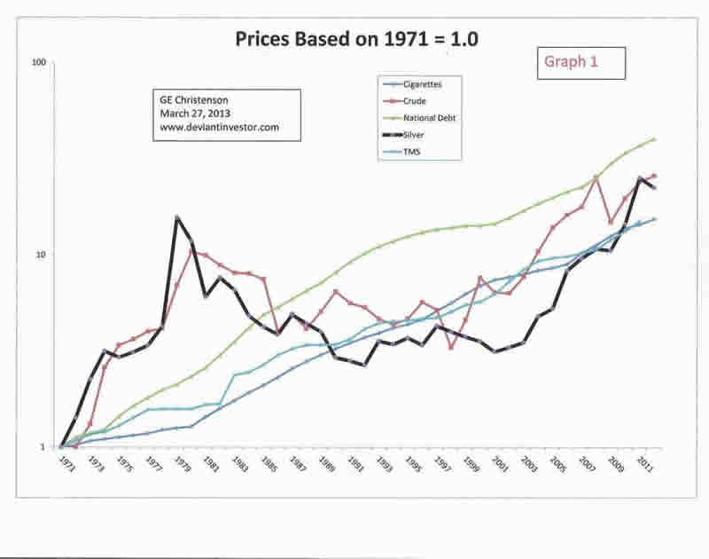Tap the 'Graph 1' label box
581,63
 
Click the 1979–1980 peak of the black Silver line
177,217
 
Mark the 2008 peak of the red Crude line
596,178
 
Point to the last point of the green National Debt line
654,138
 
